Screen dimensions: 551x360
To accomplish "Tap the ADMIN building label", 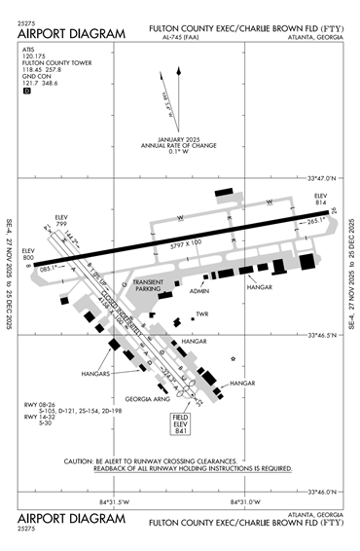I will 199,291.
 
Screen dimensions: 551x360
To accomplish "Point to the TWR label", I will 202,313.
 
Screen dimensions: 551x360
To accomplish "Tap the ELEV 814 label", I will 321,200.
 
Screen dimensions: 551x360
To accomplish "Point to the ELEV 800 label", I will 28,253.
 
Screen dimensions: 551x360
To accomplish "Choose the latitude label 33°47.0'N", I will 320,178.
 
